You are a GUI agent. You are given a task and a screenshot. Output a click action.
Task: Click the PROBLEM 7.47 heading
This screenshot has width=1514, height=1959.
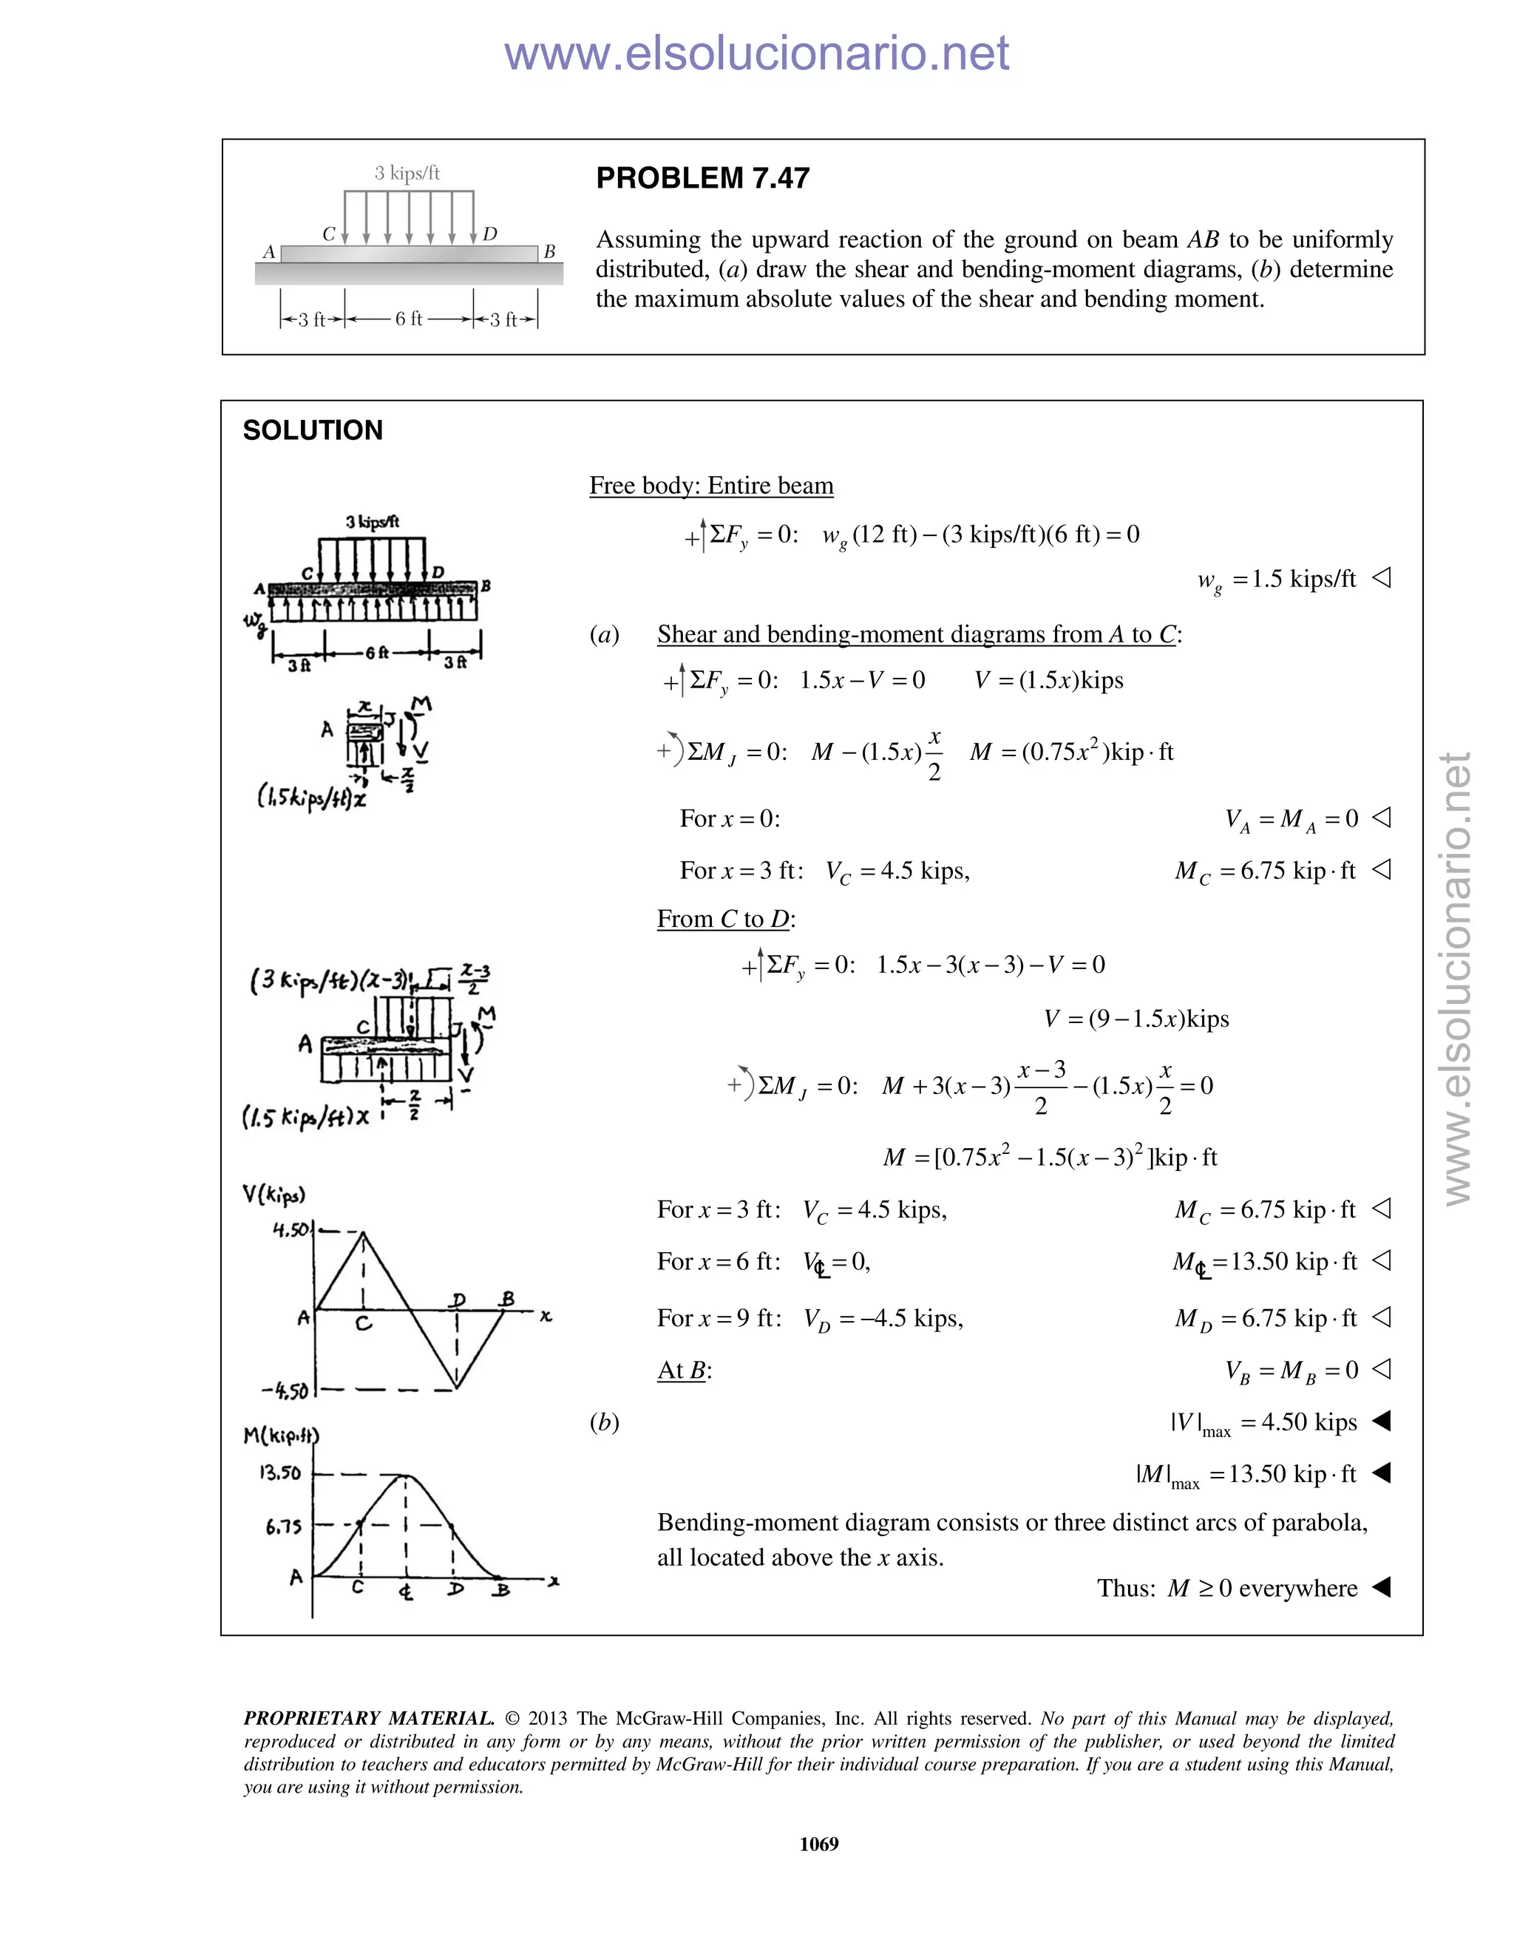tap(702, 178)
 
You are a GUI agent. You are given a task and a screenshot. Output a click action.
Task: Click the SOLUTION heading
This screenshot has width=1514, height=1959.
tap(312, 430)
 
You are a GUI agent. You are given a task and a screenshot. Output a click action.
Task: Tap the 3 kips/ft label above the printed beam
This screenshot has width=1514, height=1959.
tap(407, 173)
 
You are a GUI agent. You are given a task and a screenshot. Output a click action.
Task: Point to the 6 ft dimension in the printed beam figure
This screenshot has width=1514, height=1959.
tap(408, 319)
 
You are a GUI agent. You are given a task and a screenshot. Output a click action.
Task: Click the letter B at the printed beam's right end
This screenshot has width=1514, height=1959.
tap(550, 252)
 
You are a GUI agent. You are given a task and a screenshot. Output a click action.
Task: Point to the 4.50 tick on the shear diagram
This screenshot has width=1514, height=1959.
tap(291, 1230)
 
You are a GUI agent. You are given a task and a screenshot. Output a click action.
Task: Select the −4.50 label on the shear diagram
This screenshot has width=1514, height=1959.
tap(285, 1391)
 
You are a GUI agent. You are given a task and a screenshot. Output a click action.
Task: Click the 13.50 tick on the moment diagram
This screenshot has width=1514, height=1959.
tap(280, 1473)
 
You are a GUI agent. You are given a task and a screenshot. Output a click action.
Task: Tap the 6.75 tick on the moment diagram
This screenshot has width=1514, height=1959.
tap(283, 1526)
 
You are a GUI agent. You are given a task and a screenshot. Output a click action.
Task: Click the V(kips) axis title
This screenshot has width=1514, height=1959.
tap(274, 1194)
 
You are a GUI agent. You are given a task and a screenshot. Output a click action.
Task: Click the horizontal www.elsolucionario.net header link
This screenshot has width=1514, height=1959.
tap(756, 53)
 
